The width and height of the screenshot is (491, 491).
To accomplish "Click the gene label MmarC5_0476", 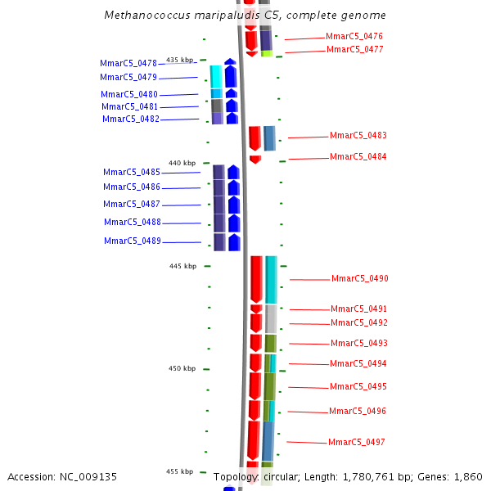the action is [x=354, y=36].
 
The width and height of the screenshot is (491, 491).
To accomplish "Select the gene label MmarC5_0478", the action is [x=128, y=63].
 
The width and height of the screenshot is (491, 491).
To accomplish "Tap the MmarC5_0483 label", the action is [x=358, y=135].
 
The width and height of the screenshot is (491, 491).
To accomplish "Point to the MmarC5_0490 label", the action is [x=359, y=278].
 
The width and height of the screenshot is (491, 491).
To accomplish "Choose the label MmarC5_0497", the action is [x=356, y=442].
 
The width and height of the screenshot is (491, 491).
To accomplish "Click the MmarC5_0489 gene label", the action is [x=132, y=241].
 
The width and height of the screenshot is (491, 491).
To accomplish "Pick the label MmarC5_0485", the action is [x=131, y=172].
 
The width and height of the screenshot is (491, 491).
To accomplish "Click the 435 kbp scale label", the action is [x=180, y=60].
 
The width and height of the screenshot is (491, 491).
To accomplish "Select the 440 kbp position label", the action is [x=182, y=163].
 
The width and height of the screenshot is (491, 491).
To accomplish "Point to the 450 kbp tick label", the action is [x=182, y=368].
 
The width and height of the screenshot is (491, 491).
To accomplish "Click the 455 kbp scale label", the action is [x=180, y=471].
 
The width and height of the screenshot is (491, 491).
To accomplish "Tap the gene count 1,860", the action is [x=468, y=476].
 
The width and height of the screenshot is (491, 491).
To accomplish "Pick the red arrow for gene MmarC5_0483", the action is [x=255, y=137].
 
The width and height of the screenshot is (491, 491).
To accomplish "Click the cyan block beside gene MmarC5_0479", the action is [x=216, y=76].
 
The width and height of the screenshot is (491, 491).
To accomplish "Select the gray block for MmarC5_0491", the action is [x=271, y=318].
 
